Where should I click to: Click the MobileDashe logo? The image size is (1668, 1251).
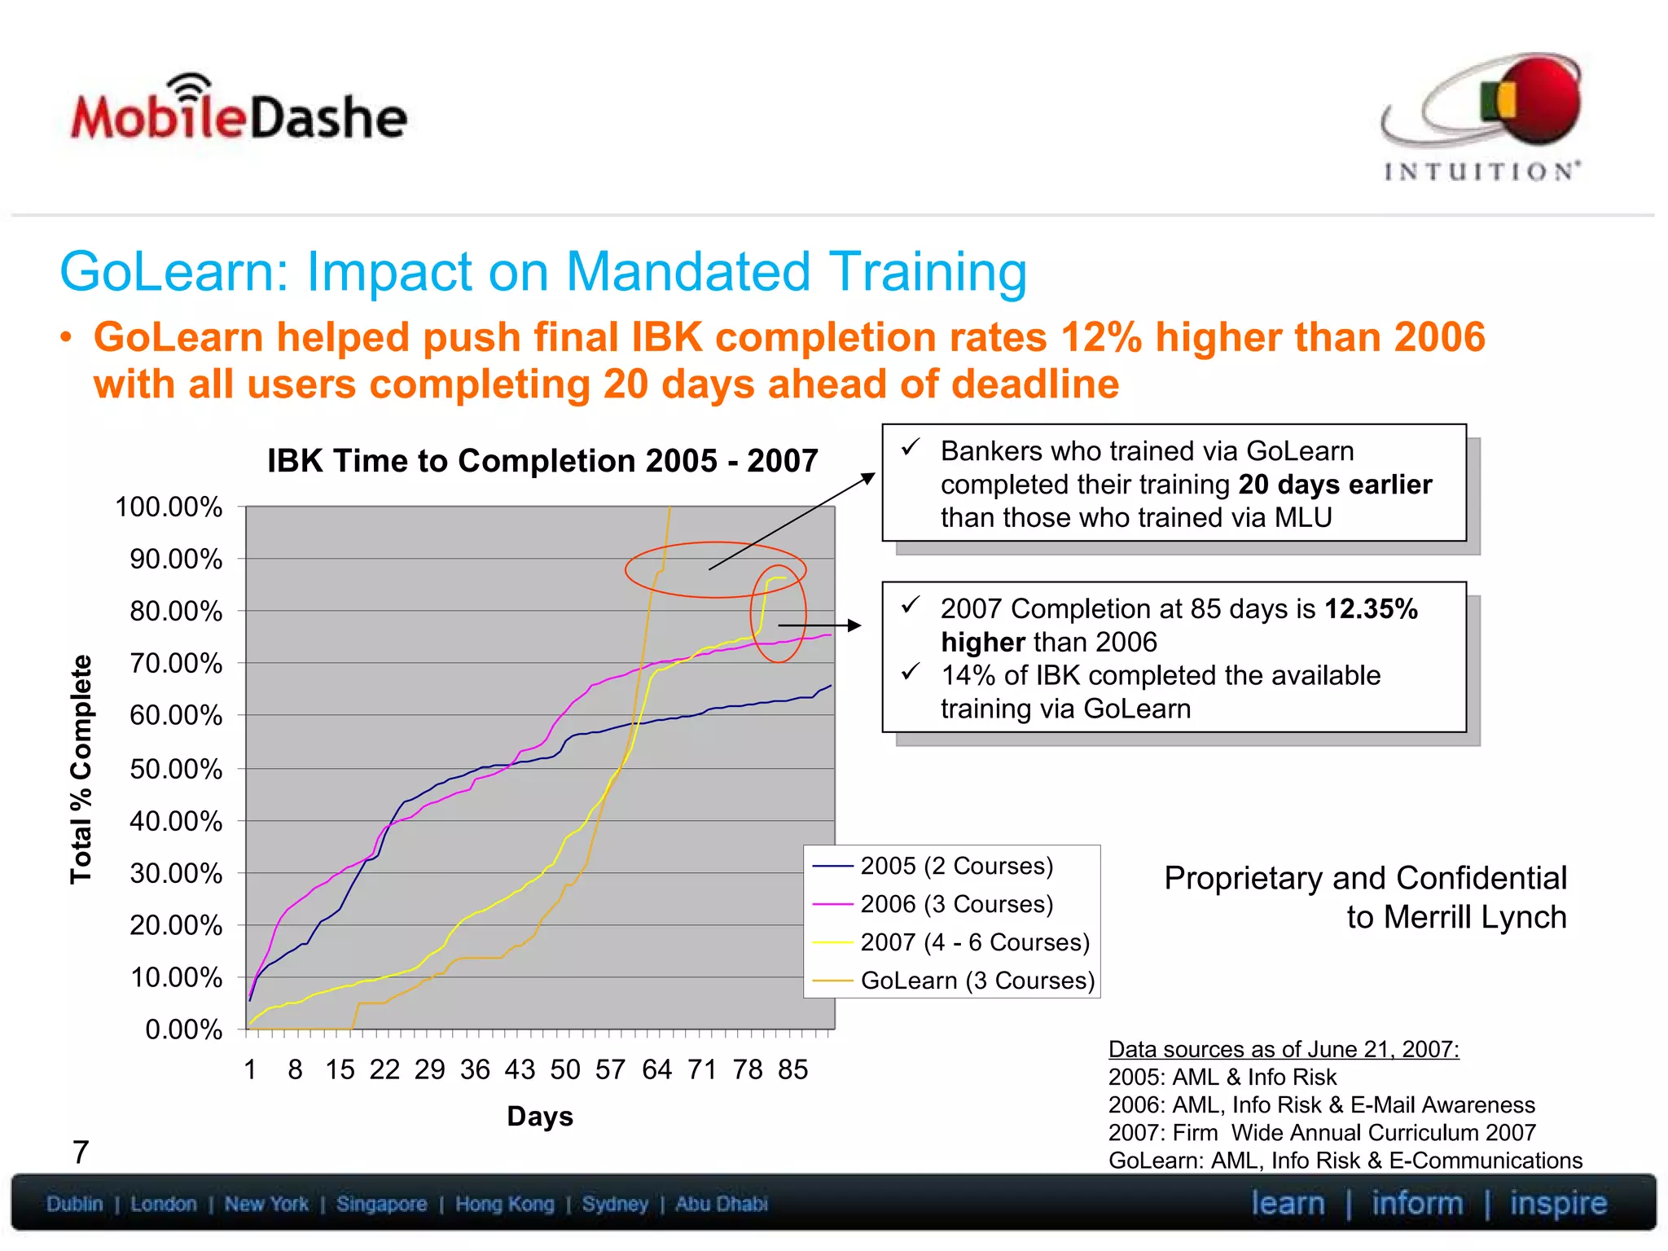click(238, 114)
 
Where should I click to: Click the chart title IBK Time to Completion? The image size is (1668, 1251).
click(542, 461)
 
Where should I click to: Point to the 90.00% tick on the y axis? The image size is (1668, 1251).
click(176, 560)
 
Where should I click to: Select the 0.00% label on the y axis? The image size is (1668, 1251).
click(183, 1029)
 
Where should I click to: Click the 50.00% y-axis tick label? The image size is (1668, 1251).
click(176, 769)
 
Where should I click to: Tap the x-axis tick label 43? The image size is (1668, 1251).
click(520, 1069)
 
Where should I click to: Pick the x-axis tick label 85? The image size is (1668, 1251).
click(792, 1069)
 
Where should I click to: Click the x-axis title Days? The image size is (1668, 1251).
click(540, 1116)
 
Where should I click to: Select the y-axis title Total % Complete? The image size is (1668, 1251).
click(81, 769)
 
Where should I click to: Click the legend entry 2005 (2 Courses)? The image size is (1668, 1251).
click(956, 866)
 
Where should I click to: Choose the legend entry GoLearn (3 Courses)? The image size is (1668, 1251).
click(977, 981)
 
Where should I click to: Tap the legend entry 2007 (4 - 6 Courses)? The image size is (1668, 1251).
click(974, 942)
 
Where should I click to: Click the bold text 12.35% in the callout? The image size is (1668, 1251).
click(1371, 609)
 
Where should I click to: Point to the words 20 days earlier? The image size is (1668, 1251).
click(1335, 485)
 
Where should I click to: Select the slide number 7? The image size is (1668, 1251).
click(81, 1152)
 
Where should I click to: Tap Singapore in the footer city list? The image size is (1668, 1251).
click(381, 1204)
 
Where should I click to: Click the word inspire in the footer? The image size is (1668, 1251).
click(1557, 1203)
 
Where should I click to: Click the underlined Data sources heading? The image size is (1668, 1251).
click(1284, 1049)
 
